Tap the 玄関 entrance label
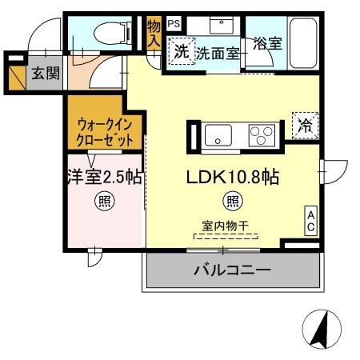click(43, 74)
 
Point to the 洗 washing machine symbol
click(182, 53)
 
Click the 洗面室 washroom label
click(218, 54)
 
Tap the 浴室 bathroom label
click(267, 44)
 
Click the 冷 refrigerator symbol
click(305, 124)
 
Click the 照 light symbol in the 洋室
click(105, 200)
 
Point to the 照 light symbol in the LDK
click(232, 200)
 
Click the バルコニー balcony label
click(232, 270)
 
